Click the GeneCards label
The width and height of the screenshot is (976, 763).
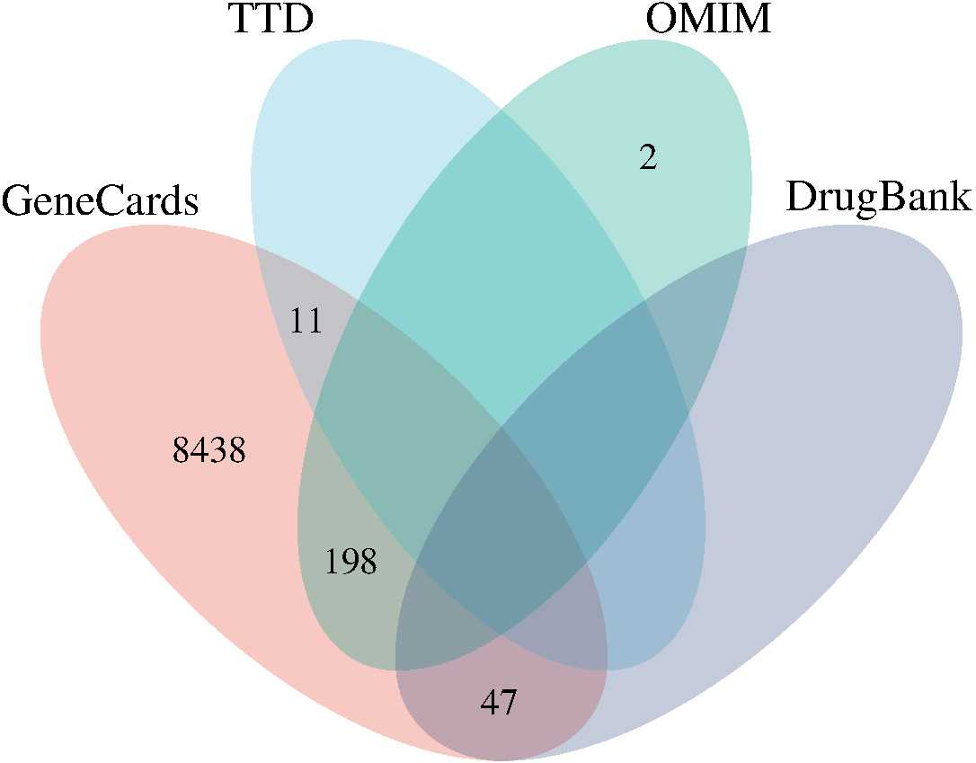pyautogui.click(x=100, y=200)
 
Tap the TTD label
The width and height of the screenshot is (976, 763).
pyautogui.click(x=271, y=20)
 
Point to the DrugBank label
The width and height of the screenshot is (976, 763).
pyautogui.click(x=878, y=198)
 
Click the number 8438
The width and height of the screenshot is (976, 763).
pyautogui.click(x=209, y=451)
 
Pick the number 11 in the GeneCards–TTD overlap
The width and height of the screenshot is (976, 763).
pyautogui.click(x=306, y=321)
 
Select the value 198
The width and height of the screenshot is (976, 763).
pyautogui.click(x=350, y=563)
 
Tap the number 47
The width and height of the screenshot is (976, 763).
pyautogui.click(x=499, y=702)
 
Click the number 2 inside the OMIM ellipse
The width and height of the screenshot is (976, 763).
pyautogui.click(x=648, y=158)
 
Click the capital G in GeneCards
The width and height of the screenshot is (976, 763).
pyautogui.click(x=20, y=200)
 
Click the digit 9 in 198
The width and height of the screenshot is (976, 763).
pyautogui.click(x=350, y=563)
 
